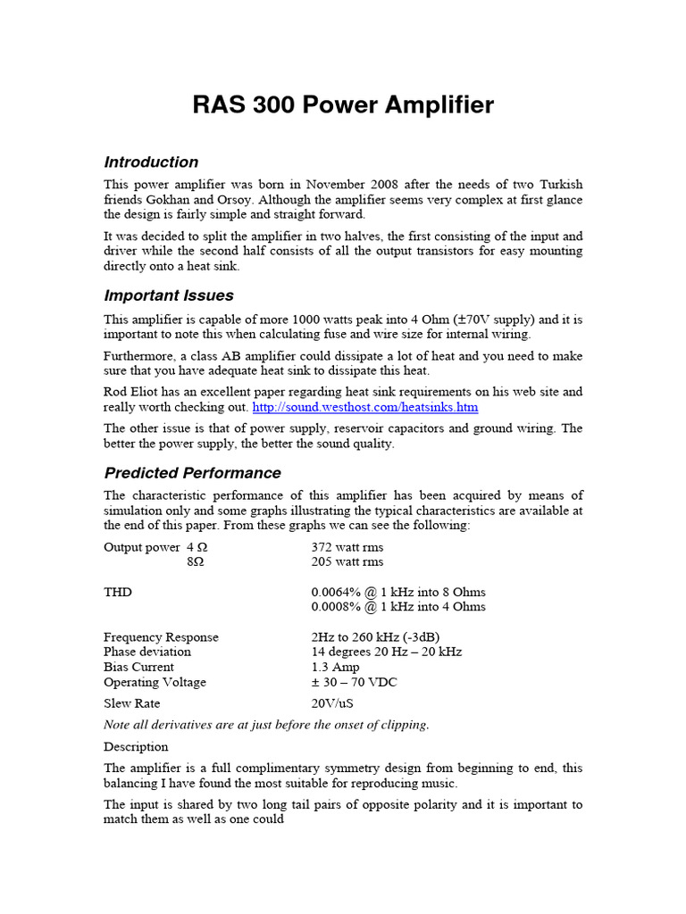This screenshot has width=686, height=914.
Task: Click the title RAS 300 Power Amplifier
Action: [343, 105]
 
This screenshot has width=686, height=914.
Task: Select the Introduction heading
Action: [151, 162]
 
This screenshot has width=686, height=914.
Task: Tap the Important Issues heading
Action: [169, 295]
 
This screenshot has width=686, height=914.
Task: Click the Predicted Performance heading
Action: [192, 473]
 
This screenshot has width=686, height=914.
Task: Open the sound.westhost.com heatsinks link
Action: [365, 407]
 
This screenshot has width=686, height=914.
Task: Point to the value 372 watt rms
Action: [347, 547]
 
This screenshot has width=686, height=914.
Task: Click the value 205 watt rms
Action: [347, 562]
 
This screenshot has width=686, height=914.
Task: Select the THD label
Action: [119, 592]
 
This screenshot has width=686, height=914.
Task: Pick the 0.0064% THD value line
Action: [398, 592]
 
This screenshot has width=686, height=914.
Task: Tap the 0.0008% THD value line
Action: [398, 607]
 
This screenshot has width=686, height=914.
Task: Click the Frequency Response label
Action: [161, 637]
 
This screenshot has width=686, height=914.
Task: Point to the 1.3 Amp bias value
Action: [336, 667]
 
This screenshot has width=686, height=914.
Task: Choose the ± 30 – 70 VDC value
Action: [355, 682]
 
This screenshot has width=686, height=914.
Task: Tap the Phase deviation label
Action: [147, 652]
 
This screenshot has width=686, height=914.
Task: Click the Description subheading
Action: [136, 746]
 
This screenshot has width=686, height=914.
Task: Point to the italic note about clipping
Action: [266, 725]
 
